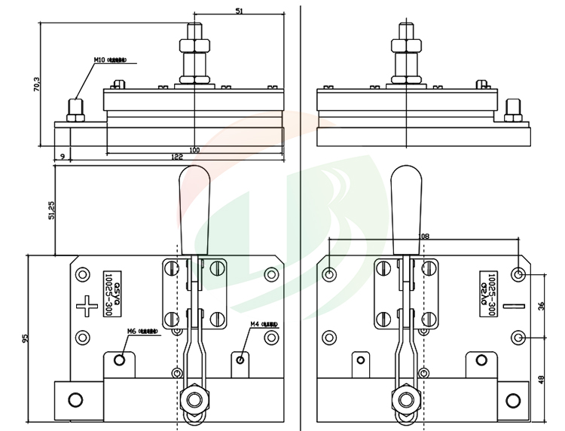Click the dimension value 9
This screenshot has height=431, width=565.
pyautogui.click(x=61, y=157)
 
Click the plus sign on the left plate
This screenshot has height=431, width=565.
pyautogui.click(x=87, y=306)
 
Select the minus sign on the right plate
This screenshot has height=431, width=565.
pyautogui.click(x=515, y=306)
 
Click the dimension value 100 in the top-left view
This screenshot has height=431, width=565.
pyautogui.click(x=194, y=151)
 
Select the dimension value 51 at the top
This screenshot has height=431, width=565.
pyautogui.click(x=240, y=11)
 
